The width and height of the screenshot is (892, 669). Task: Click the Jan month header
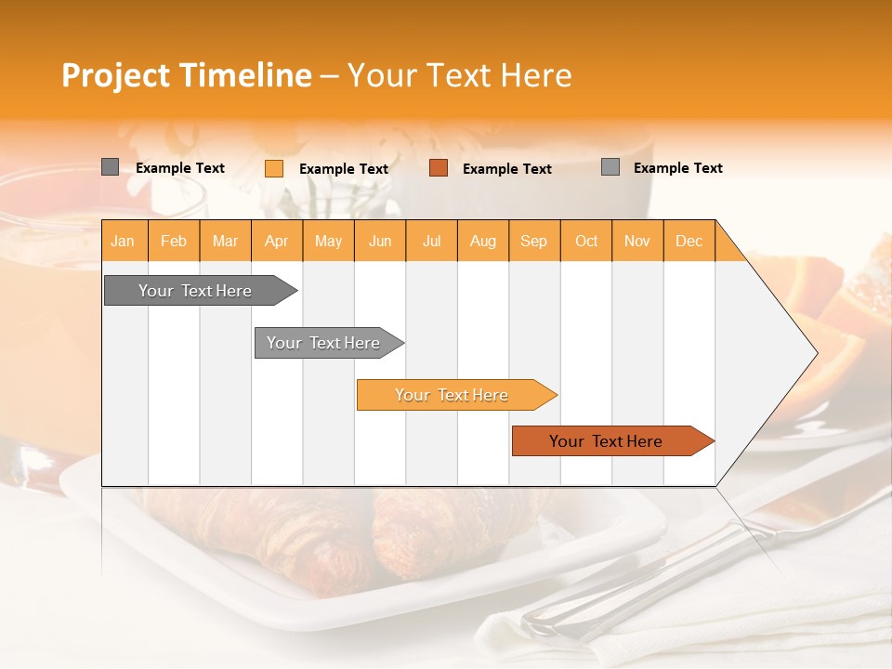click(123, 241)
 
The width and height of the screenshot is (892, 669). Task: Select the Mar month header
click(225, 241)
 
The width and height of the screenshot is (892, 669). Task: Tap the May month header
click(328, 241)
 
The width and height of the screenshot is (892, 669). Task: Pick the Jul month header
click(431, 241)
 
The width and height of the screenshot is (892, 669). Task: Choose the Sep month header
click(533, 241)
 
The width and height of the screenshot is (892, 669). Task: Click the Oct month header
click(586, 241)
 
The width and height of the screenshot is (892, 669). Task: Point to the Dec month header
click(689, 241)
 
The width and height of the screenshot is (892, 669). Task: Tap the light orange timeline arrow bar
click(453, 395)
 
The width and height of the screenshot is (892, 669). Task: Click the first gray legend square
click(110, 167)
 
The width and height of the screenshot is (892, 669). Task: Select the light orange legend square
click(274, 168)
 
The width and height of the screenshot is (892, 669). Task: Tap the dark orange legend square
click(439, 168)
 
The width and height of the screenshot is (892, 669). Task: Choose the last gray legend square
click(610, 167)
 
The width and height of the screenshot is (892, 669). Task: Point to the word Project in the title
click(116, 75)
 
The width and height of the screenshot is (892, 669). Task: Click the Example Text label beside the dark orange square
click(506, 169)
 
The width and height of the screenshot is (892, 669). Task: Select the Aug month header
click(482, 241)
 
